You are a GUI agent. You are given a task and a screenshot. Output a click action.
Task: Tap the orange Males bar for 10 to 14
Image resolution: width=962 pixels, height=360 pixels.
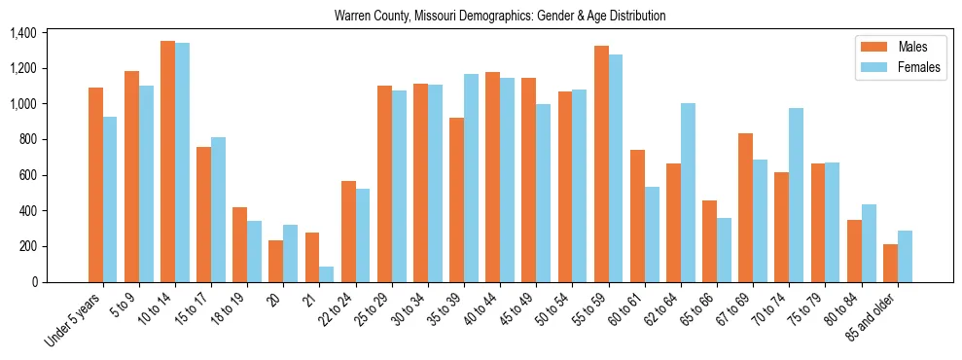[167, 162]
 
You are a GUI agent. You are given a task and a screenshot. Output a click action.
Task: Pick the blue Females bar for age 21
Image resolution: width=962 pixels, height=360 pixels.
[327, 274]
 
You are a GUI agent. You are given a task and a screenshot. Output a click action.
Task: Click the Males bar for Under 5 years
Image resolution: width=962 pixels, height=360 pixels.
[95, 185]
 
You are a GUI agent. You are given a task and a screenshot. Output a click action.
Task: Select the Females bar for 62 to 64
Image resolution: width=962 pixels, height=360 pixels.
[688, 193]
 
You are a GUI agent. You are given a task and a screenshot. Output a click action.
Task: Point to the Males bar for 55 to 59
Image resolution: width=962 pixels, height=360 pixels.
[601, 163]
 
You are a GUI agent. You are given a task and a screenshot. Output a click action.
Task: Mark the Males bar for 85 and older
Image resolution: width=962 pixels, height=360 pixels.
[890, 263]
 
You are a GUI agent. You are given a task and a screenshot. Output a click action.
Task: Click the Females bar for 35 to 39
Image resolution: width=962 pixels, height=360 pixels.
[471, 178]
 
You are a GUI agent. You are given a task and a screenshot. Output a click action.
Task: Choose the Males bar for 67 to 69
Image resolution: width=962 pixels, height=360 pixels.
[745, 207]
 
